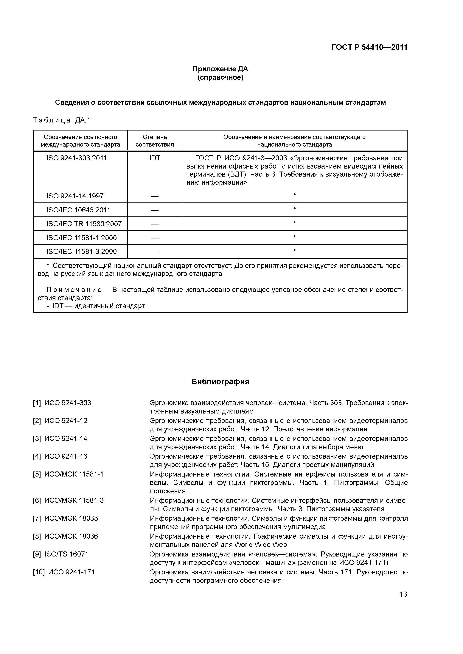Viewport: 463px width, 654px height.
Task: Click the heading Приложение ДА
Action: tap(220, 69)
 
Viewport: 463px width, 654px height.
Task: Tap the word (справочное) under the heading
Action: tap(220, 78)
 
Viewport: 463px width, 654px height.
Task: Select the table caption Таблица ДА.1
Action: tap(62, 120)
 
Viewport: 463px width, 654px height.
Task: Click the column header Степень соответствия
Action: tap(155, 141)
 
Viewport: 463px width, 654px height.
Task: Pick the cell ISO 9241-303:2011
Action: tap(77, 158)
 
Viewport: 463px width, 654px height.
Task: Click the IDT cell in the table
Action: tap(155, 158)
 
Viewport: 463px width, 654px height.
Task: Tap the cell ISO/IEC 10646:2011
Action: tap(78, 210)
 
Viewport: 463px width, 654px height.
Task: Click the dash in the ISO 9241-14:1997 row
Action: tap(155, 196)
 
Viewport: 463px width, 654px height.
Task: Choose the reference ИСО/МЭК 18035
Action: tap(71, 518)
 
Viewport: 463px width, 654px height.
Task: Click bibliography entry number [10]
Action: tap(39, 572)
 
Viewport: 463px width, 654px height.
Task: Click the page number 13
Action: tap(403, 595)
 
